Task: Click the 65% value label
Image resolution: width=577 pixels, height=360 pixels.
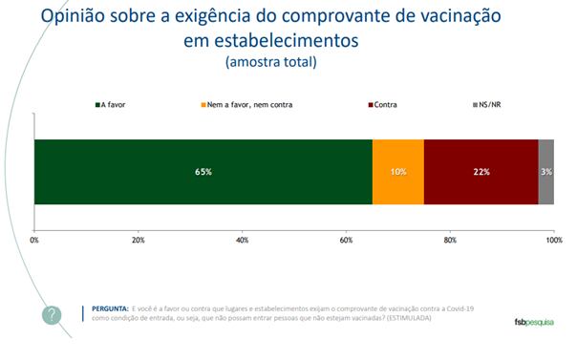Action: click(203, 172)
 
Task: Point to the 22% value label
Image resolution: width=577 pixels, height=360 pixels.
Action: click(481, 172)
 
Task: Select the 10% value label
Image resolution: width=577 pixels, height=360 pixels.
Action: click(398, 172)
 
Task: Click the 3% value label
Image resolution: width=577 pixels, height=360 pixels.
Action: click(546, 172)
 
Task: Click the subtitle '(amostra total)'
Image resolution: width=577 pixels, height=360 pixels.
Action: click(270, 62)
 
